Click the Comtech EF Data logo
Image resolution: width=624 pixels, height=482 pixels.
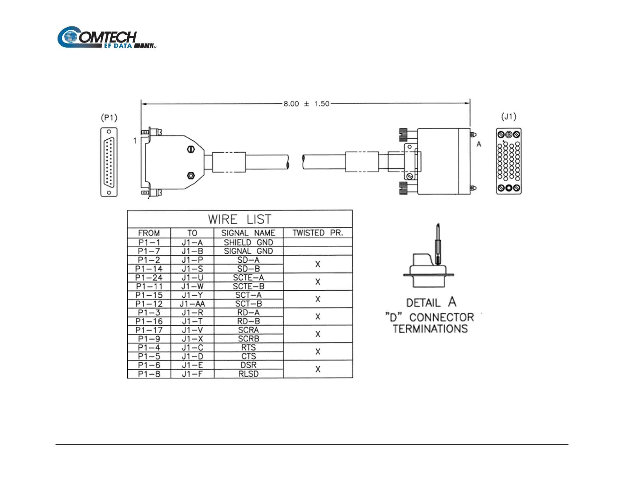(x=106, y=37)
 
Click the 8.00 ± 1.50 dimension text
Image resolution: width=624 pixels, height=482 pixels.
(x=306, y=104)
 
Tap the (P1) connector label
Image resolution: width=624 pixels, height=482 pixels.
(x=109, y=118)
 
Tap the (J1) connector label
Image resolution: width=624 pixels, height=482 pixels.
(x=509, y=117)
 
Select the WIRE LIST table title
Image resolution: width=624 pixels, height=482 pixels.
(x=240, y=219)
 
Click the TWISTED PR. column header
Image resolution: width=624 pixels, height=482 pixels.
(x=318, y=233)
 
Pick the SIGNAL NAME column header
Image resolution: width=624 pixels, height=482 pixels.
(x=248, y=233)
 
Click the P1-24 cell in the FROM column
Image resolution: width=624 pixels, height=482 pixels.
(x=149, y=278)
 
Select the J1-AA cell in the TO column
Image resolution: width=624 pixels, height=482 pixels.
(x=192, y=304)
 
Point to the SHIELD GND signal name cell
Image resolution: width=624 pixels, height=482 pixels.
(x=249, y=242)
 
